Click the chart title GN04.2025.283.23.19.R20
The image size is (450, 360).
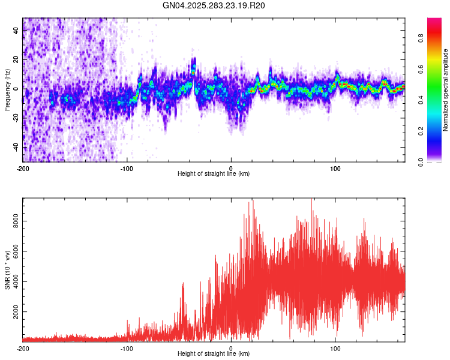tap(214, 5)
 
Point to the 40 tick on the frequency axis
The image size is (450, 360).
tap(17, 31)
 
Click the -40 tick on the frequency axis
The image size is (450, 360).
tap(16, 146)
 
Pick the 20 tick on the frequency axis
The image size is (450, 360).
tap(17, 60)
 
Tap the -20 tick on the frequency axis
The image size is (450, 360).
tap(16, 118)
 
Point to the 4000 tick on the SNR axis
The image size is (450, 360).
tap(17, 282)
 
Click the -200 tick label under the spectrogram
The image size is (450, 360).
tap(23, 168)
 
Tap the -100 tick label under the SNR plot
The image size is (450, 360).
tap(127, 348)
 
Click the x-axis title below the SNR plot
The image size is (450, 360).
tap(214, 354)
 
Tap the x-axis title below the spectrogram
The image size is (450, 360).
tap(214, 174)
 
